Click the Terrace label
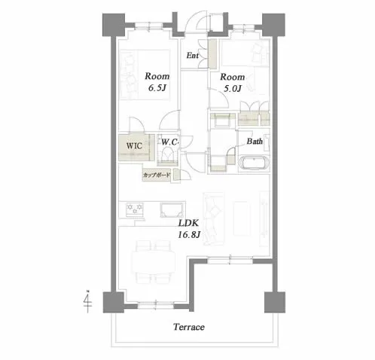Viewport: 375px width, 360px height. click(x=189, y=327)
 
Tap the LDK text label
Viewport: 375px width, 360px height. click(x=188, y=223)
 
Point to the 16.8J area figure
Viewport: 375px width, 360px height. click(x=189, y=235)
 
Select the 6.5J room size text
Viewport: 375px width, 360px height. click(x=157, y=88)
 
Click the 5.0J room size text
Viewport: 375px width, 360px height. click(x=233, y=88)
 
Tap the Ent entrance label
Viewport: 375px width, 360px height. click(x=193, y=56)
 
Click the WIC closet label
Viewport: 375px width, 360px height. click(x=134, y=145)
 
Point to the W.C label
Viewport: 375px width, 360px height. click(x=169, y=142)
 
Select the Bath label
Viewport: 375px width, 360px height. click(x=255, y=142)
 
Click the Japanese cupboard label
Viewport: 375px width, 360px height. click(x=157, y=175)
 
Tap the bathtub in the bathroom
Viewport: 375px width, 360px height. click(x=254, y=163)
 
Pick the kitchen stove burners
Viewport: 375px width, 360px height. click(x=134, y=209)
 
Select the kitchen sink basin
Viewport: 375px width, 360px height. click(x=172, y=210)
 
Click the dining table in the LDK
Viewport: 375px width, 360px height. click(x=154, y=262)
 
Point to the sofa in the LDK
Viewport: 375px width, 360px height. click(x=213, y=219)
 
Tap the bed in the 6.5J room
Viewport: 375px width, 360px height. click(x=145, y=75)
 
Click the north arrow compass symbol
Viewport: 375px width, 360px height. click(x=87, y=301)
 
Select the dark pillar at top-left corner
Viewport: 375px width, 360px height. click(x=114, y=25)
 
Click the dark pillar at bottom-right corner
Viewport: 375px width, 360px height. click(x=275, y=302)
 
